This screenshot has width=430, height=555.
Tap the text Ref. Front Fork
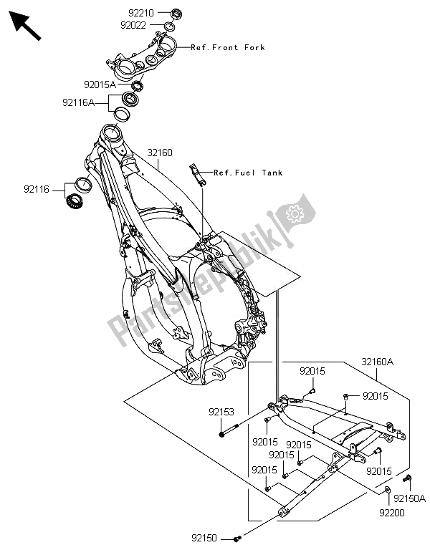pos(228,47)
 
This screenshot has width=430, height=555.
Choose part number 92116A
pos(78,102)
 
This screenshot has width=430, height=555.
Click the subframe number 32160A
pos(377,362)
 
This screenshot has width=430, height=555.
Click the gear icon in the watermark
pos(293,213)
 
